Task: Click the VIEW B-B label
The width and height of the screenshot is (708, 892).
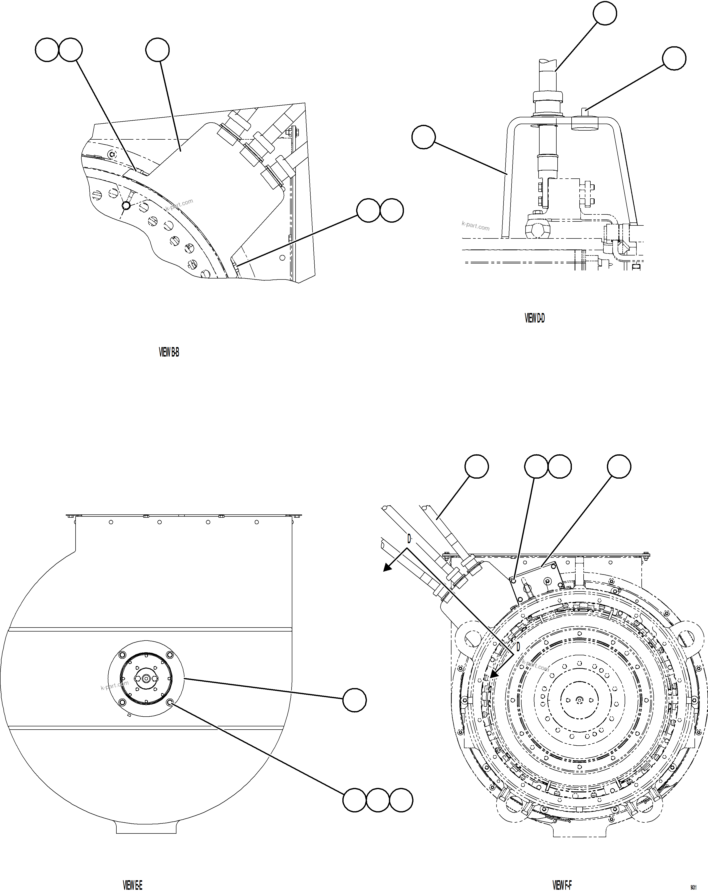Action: coord(169,353)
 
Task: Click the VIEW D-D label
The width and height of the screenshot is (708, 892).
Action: coord(535,318)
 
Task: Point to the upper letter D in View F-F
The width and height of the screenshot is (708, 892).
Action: coord(409,539)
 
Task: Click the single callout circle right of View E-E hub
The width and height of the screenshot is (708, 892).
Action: coord(355,700)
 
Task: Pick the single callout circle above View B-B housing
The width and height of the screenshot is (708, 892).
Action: coord(157,50)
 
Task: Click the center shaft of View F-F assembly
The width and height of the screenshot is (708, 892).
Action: coord(579,699)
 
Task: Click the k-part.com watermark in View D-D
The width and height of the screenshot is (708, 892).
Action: coord(476,226)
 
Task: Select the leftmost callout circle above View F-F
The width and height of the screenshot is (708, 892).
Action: coord(477,467)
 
